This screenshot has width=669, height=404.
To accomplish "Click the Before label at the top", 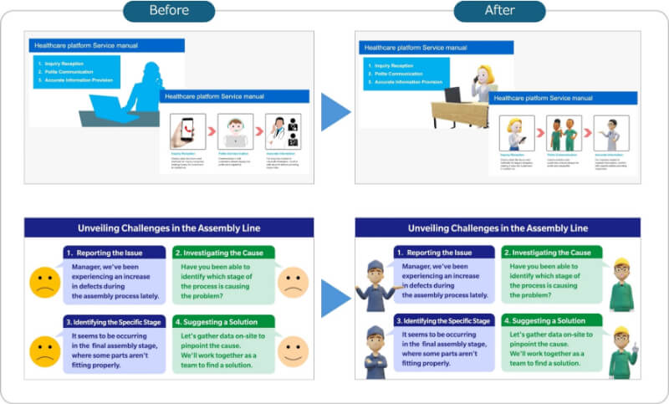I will [x=168, y=11].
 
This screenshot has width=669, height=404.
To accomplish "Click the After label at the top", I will [x=499, y=11].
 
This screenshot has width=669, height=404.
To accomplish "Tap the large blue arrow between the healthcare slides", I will [x=335, y=111].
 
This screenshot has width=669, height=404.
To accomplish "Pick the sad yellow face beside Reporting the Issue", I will [x=44, y=282].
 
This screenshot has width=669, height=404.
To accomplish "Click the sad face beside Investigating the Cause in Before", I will [x=292, y=282].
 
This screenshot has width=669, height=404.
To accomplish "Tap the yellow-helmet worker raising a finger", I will [x=621, y=351].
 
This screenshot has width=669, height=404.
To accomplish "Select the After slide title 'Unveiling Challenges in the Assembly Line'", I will [x=498, y=228].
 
